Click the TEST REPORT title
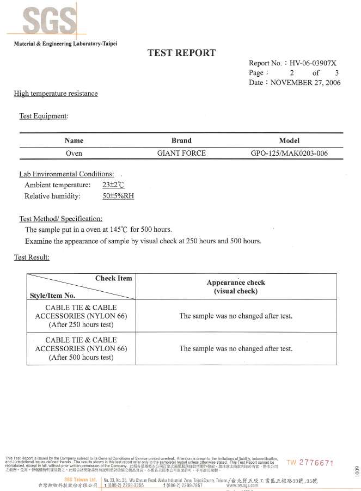[x=181, y=53]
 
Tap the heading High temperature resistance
[x=56, y=93]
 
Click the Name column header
[x=74, y=140]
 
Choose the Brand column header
[x=181, y=140]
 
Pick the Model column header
[x=289, y=140]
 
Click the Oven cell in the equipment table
[x=74, y=153]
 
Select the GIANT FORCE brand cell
[x=181, y=153]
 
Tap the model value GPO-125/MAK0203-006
[x=289, y=153]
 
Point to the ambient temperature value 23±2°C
[x=114, y=185]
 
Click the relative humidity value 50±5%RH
[x=118, y=196]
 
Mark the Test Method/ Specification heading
[x=60, y=218]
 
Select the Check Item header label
[x=113, y=278]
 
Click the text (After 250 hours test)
[x=81, y=324]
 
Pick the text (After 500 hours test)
[x=81, y=357]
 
